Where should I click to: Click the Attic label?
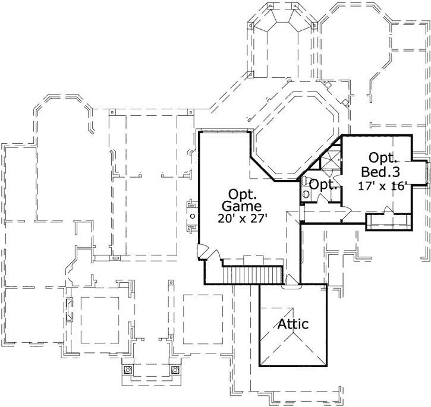(292, 324)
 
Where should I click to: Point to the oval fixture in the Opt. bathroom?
(306, 193)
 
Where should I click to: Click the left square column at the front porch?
(127, 370)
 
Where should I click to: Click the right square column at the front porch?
(175, 370)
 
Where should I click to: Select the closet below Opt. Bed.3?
(387, 222)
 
